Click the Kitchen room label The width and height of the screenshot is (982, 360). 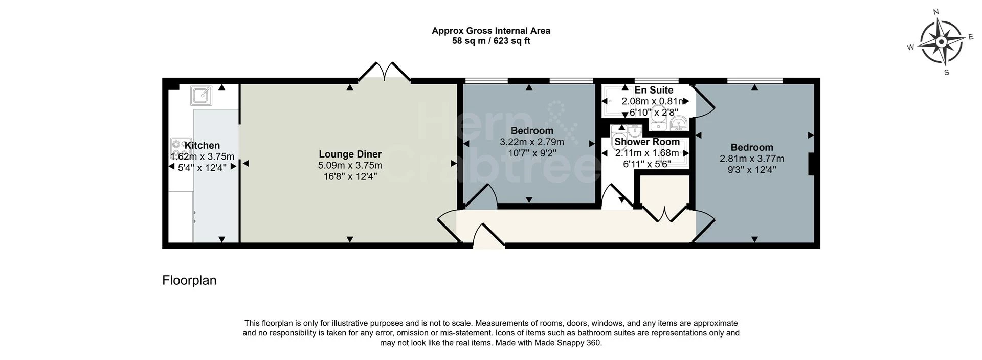pos(202,146)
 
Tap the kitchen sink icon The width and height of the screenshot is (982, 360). pos(202,96)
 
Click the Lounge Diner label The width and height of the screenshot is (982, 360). pos(350,154)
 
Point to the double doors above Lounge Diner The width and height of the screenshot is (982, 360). pos(384,72)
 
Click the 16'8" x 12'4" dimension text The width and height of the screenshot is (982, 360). pos(350,177)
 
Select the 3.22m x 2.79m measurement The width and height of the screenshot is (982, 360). pos(531,142)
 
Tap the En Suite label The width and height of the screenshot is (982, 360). pos(654,91)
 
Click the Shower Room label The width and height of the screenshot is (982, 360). pos(647,142)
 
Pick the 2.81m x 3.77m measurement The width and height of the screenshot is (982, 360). pos(751,159)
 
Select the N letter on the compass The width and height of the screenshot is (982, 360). pos(936,12)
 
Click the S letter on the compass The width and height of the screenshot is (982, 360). pos(946,73)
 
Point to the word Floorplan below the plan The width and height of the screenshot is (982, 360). pos(189,280)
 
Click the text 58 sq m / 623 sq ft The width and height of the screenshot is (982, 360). pos(490,41)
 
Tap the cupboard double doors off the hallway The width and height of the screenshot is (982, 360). pos(664,214)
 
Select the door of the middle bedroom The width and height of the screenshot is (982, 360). pos(481,197)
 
